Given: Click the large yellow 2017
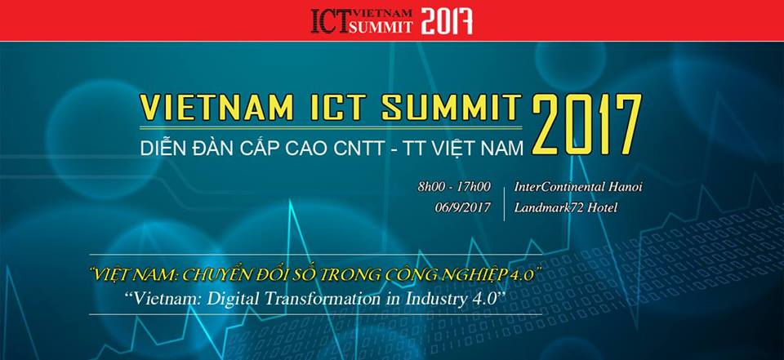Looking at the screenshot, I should [586, 124].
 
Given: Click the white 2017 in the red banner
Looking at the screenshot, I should [447, 20].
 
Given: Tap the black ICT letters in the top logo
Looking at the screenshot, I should [328, 20].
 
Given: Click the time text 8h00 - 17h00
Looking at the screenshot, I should [454, 187].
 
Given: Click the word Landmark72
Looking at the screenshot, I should [546, 207].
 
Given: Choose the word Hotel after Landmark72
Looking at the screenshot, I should [600, 207].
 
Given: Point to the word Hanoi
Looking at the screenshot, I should [624, 187].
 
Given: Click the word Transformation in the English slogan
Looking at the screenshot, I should [323, 300].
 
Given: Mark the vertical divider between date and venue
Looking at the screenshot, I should [504, 198].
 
